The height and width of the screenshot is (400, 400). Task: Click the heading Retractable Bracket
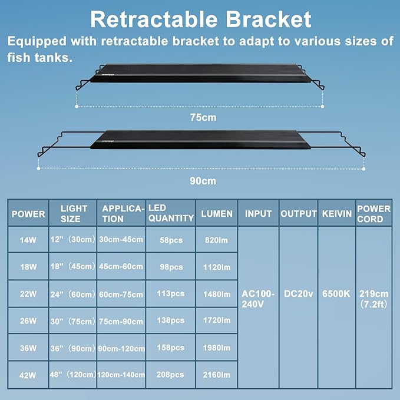[x=200, y=19]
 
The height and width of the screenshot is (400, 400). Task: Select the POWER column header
[x=28, y=214]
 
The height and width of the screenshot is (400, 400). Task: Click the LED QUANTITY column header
[x=171, y=213]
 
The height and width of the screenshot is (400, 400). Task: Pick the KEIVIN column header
[x=336, y=214]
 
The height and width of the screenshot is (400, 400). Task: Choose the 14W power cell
[x=28, y=240]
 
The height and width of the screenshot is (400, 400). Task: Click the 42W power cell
[x=28, y=375]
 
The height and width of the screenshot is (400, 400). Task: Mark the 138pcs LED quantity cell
[x=170, y=321]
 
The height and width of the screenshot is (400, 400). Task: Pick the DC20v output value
[x=298, y=294]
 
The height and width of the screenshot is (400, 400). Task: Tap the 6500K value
[x=336, y=294]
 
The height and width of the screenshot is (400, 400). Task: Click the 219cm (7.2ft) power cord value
[x=373, y=299]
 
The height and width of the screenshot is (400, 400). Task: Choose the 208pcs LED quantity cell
[x=170, y=375]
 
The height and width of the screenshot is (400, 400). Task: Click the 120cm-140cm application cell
[x=121, y=375]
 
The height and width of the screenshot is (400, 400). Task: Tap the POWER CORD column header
[x=373, y=214]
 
